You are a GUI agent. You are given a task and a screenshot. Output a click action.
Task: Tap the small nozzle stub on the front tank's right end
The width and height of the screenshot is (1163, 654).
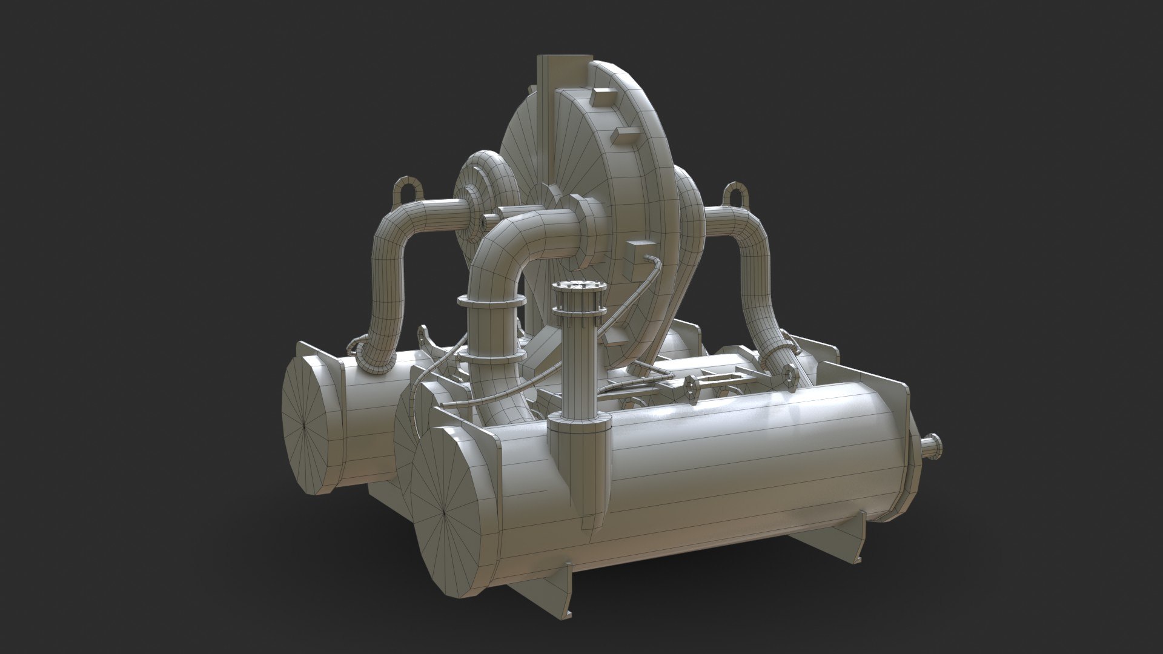tap(931, 446)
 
